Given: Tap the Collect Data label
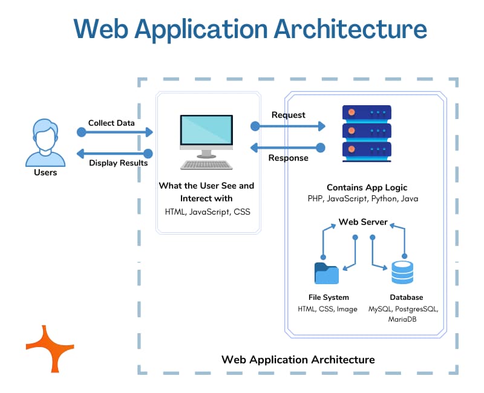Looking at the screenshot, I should (x=111, y=123).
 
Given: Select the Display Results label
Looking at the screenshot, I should (x=119, y=163).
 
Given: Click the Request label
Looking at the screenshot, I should (x=289, y=115).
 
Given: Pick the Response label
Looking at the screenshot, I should (x=288, y=158).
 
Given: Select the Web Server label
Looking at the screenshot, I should (x=363, y=222).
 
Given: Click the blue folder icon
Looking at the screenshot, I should (x=327, y=273).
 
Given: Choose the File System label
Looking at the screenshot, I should (x=328, y=297).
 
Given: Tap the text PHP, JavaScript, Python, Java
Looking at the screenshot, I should (x=363, y=199).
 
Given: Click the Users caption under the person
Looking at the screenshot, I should (x=45, y=172).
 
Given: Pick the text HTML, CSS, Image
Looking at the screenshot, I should (x=328, y=309).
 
